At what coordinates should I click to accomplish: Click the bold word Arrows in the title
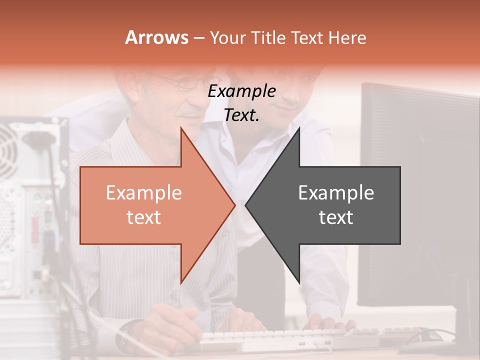tap(157, 37)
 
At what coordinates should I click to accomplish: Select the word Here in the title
tap(348, 37)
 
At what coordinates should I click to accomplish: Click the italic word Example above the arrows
tap(241, 91)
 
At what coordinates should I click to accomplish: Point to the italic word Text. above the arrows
tap(241, 115)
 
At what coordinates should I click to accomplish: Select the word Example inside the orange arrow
tap(144, 193)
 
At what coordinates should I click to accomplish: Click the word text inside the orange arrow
tap(144, 217)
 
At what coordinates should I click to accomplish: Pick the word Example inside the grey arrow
tap(336, 193)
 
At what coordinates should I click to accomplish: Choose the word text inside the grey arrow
tap(336, 217)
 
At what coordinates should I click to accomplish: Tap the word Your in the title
tap(227, 37)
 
